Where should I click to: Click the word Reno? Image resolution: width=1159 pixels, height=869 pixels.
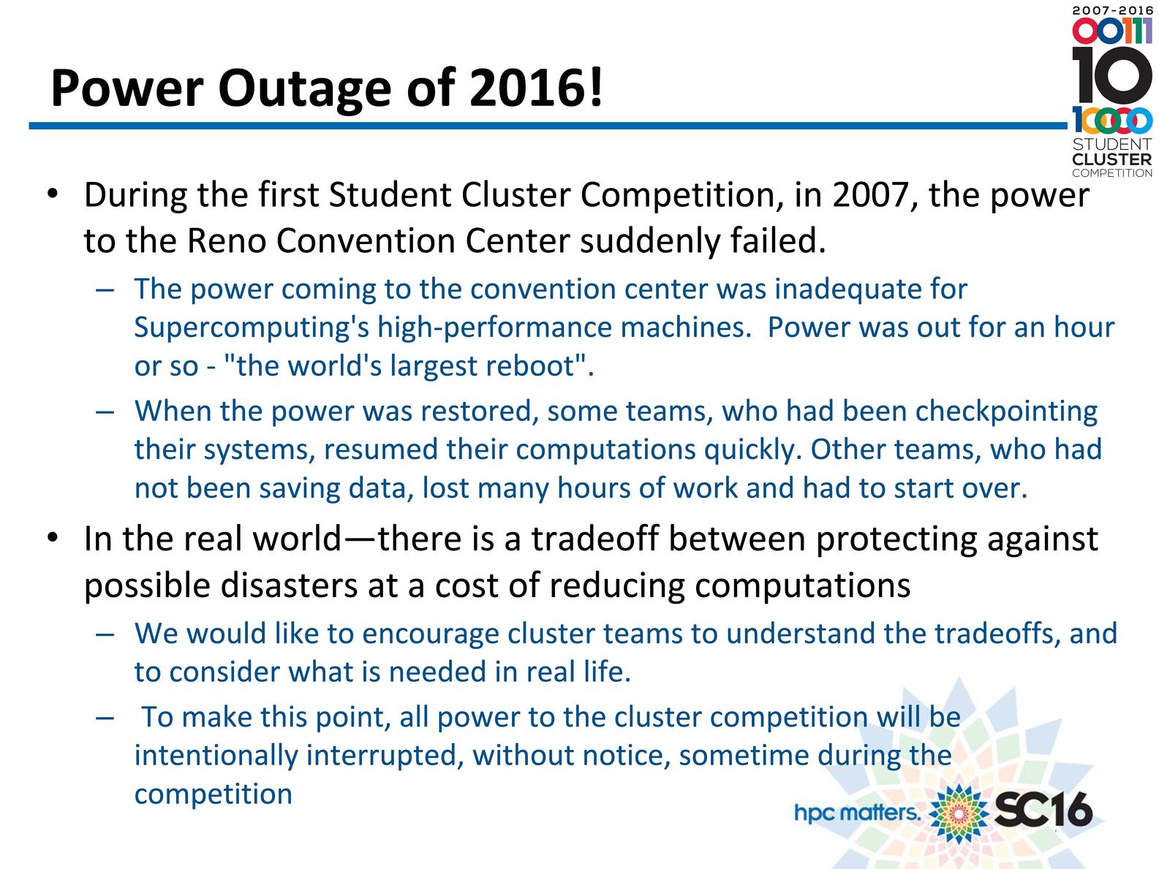tap(226, 240)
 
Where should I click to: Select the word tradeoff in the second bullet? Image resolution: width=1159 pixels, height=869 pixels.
tap(596, 539)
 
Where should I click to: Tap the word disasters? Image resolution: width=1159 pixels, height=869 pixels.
tap(289, 585)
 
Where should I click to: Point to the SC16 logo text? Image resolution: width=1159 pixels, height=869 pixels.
tap(1043, 809)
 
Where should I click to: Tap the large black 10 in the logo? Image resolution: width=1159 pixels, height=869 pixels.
tap(1111, 75)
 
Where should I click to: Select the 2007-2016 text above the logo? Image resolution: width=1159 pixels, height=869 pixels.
tap(1112, 10)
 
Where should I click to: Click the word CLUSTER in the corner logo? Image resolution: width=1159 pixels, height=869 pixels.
tap(1111, 159)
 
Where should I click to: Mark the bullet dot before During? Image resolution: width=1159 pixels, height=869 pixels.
tap(52, 194)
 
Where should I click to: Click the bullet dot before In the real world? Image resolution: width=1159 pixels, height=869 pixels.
tap(52, 538)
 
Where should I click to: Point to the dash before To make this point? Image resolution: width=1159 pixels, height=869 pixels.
tap(105, 718)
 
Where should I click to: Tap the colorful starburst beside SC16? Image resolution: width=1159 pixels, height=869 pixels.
tap(958, 813)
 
